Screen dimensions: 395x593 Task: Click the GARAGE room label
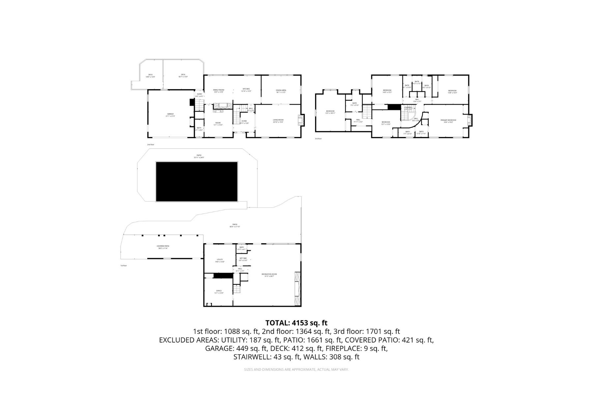click(x=170, y=114)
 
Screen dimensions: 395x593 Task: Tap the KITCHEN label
click(x=246, y=89)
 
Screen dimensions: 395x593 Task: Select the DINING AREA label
click(x=281, y=91)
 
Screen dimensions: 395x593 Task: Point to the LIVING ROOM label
click(x=278, y=120)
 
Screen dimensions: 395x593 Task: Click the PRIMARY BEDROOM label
click(x=448, y=120)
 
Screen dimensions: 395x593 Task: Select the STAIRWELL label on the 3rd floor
click(x=408, y=107)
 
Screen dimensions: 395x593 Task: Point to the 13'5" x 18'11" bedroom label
click(x=330, y=112)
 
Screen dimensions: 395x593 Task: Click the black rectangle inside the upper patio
click(x=197, y=181)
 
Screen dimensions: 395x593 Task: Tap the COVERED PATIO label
click(x=163, y=247)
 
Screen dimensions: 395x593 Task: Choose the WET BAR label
click(x=243, y=258)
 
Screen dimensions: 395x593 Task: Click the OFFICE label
click(x=219, y=291)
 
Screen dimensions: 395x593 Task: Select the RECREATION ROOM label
click(x=269, y=275)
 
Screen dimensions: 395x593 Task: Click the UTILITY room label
click(x=220, y=260)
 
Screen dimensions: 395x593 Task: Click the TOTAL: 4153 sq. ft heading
click(x=296, y=323)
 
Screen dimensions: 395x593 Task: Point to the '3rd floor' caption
click(x=318, y=139)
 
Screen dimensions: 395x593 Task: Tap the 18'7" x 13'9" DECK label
click(x=183, y=75)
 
